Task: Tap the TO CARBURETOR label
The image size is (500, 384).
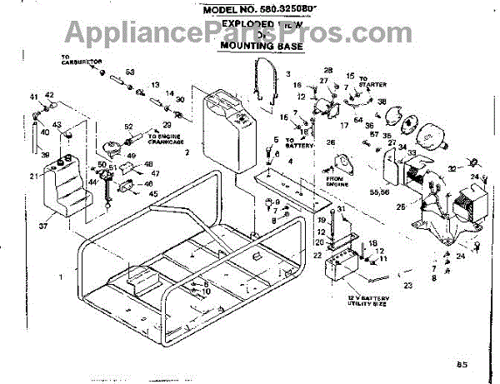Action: tap(79, 61)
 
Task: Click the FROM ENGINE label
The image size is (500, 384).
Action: tap(336, 181)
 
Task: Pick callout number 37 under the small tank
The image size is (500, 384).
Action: tap(44, 225)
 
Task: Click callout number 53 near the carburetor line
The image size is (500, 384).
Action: tap(130, 72)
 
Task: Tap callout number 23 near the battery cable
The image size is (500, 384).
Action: tap(407, 285)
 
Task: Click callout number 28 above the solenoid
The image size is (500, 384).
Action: tap(327, 69)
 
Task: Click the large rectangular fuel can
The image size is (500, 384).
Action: tap(225, 133)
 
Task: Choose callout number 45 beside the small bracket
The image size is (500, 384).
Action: tap(152, 194)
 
